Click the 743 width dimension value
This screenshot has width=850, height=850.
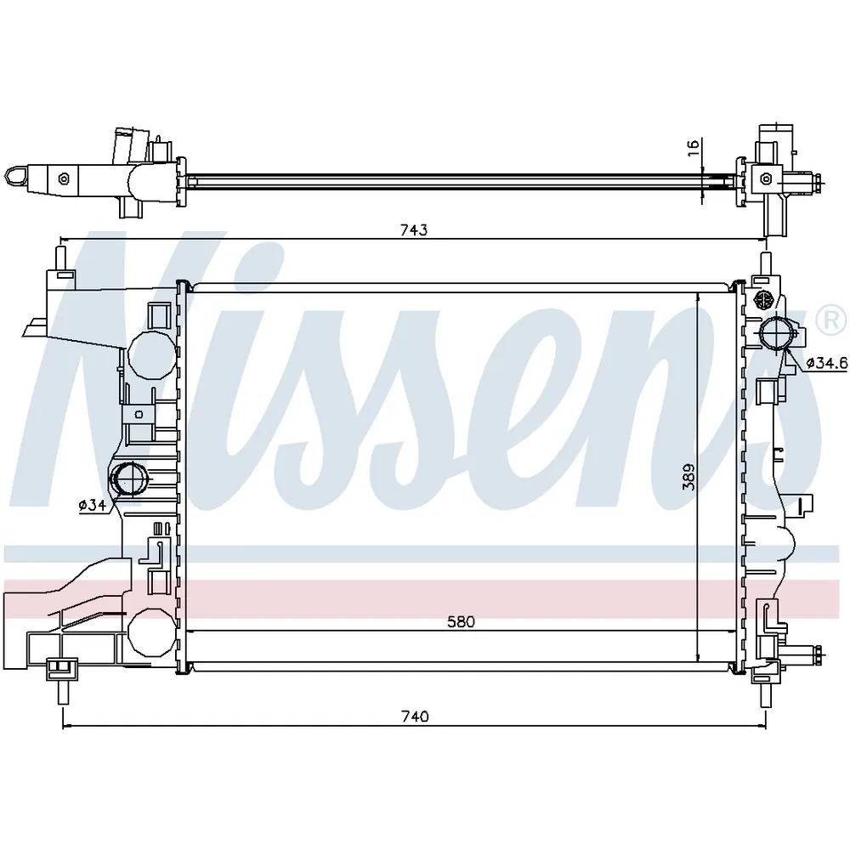[414, 229]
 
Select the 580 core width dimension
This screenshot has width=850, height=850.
[461, 621]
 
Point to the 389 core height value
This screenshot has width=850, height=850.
[688, 477]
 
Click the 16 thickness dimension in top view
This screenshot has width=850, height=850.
[694, 147]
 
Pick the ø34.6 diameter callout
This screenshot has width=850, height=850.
[826, 363]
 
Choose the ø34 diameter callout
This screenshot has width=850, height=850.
[92, 505]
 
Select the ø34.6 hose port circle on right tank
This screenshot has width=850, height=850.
[776, 335]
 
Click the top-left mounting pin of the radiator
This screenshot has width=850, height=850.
[61, 258]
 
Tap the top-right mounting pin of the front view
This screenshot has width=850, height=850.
[766, 264]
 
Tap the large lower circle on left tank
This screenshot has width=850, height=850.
[151, 632]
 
